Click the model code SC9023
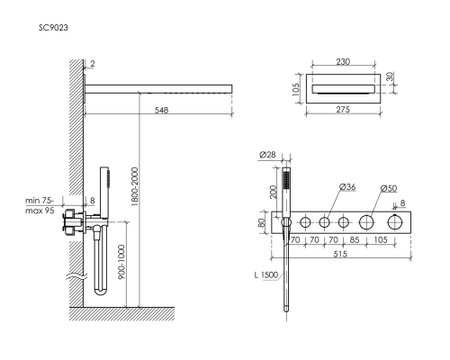tap(53, 28)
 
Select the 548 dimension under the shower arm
tap(161, 110)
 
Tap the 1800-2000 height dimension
tap(135, 186)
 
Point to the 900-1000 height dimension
tap(121, 262)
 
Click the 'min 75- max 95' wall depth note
tap(40, 205)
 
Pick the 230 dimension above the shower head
tap(343, 62)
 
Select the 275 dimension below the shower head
tap(343, 110)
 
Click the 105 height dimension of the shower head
tap(296, 89)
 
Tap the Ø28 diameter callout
tap(267, 155)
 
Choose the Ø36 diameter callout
tap(347, 186)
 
